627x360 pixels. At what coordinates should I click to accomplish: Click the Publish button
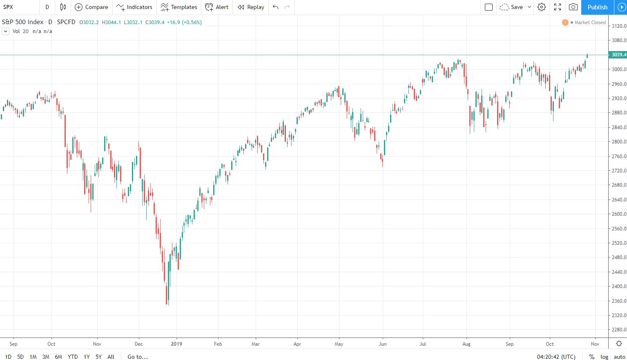tap(597, 7)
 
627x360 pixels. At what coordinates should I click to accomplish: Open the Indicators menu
tap(134, 7)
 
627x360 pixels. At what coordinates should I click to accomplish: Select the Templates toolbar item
tap(179, 7)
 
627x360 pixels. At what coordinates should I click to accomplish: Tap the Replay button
tap(251, 7)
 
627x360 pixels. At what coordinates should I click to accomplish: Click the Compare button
tap(91, 7)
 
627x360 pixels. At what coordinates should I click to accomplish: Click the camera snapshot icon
tap(573, 7)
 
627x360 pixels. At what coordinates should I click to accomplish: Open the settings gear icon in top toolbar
tap(542, 7)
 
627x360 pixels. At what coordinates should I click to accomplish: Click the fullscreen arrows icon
tap(558, 7)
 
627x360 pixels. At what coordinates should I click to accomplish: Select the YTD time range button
tap(73, 357)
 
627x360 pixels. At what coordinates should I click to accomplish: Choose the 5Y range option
tap(98, 357)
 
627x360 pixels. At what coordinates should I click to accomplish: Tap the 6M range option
tap(58, 357)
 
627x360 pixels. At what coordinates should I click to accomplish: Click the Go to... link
tap(138, 357)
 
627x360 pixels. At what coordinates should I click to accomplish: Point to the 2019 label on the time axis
tap(176, 344)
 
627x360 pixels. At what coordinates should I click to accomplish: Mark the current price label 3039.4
tap(618, 55)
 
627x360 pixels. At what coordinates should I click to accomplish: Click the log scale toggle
tap(604, 357)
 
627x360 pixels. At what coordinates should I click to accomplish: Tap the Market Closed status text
tap(590, 22)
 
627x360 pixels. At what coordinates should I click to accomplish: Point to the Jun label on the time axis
tap(383, 344)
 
